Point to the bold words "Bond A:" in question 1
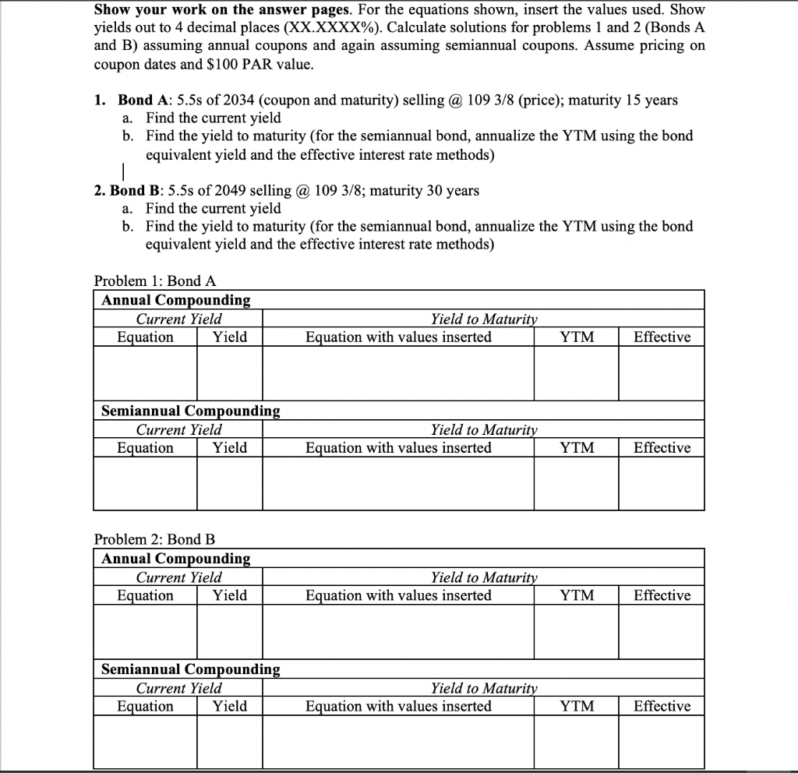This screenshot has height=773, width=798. (144, 101)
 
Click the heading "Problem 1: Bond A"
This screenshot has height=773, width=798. (155, 281)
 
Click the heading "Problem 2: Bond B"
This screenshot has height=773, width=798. (154, 539)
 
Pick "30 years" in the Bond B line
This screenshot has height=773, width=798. (453, 191)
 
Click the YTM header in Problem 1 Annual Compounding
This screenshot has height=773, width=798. (577, 337)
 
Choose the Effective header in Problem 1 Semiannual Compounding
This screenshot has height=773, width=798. (662, 448)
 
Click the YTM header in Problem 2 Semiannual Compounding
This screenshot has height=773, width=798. (577, 707)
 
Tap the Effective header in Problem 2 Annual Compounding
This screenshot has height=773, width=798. (662, 596)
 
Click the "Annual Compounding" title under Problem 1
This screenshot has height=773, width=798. (176, 300)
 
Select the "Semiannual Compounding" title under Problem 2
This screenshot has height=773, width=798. (191, 669)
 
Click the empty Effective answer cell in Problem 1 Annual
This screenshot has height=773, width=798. (662, 372)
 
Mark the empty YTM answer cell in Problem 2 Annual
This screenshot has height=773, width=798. (577, 631)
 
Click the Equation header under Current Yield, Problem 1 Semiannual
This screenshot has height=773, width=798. (145, 448)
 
